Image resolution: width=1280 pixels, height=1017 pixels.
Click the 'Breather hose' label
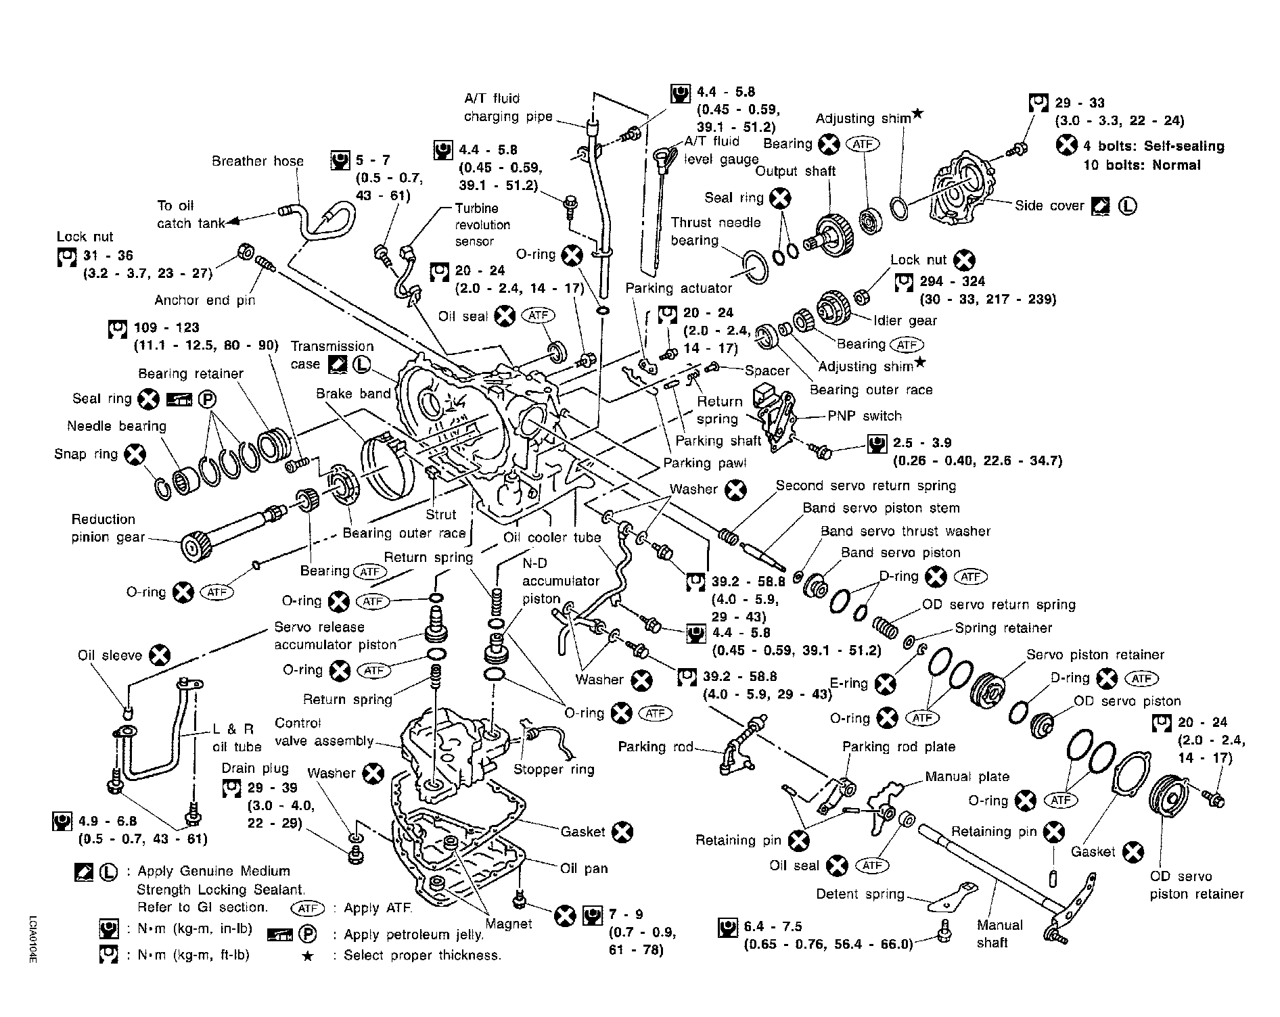[257, 161]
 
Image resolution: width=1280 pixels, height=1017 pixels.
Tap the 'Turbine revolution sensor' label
[482, 224]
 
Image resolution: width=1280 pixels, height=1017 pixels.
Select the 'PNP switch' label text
[864, 416]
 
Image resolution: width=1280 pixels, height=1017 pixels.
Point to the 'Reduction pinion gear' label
[108, 528]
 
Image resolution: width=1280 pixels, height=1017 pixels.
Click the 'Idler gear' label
[905, 321]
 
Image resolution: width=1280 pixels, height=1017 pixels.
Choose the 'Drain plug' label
[255, 768]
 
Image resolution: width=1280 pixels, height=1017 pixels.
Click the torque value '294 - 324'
[953, 281]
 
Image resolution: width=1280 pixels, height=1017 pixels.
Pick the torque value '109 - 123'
[166, 328]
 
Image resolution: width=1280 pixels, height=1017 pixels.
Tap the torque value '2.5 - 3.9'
[921, 443]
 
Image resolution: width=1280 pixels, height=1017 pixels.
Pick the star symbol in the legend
[308, 955]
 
